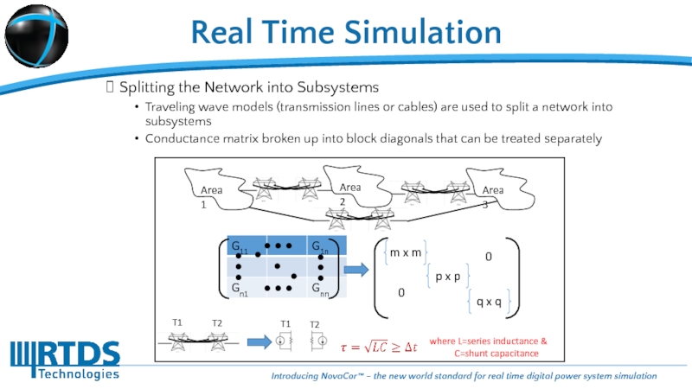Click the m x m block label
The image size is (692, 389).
click(405, 252)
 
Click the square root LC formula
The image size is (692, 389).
click(379, 346)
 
